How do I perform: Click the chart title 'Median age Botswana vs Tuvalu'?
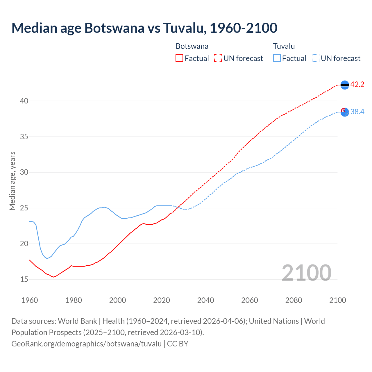(144, 28)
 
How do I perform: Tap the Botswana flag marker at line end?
(345, 85)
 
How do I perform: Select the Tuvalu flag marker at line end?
(345, 112)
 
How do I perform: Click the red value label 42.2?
(357, 85)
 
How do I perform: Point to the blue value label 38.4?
(357, 112)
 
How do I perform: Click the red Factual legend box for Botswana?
(179, 58)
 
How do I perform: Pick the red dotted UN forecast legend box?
(218, 58)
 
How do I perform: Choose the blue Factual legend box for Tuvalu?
(277, 58)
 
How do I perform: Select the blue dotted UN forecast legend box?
(316, 58)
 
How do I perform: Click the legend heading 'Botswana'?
(192, 46)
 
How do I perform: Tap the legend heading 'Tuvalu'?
(284, 46)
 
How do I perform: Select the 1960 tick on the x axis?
(30, 300)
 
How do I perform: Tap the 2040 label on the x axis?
(205, 300)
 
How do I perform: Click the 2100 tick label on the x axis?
(337, 300)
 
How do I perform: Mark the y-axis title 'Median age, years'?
(12, 181)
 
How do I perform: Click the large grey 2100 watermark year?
(306, 273)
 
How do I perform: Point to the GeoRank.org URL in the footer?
(86, 344)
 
